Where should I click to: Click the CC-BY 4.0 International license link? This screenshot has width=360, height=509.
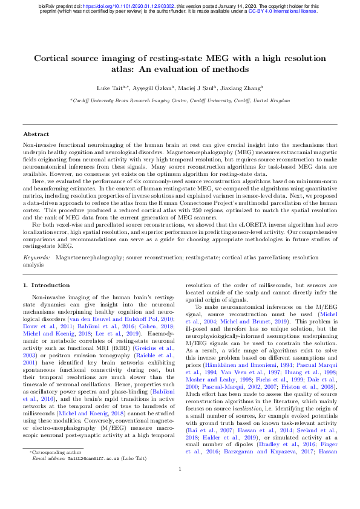[x=283, y=11]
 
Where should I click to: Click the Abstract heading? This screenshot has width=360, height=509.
[x=36, y=134]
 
